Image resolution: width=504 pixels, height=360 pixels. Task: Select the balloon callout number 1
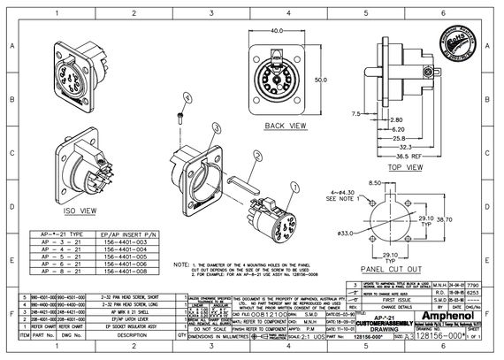256,153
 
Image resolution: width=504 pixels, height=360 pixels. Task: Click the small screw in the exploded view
181,114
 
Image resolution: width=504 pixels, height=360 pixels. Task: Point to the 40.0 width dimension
282,31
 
